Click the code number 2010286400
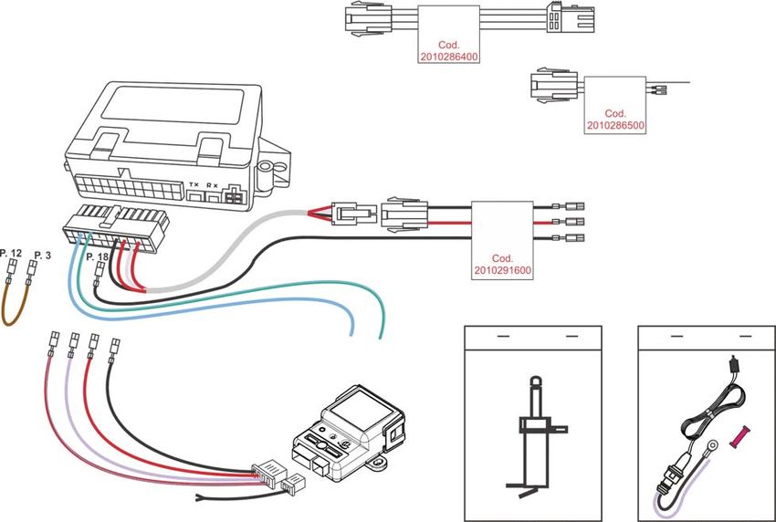[449, 57]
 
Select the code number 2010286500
[615, 125]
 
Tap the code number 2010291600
[502, 270]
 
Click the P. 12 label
[11, 254]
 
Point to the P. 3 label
[43, 256]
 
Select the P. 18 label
[97, 256]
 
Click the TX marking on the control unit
[194, 185]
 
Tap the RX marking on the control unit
[212, 185]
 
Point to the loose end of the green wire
[380, 338]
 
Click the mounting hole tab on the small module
[379, 463]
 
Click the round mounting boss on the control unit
[265, 169]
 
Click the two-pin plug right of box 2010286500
[660, 89]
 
